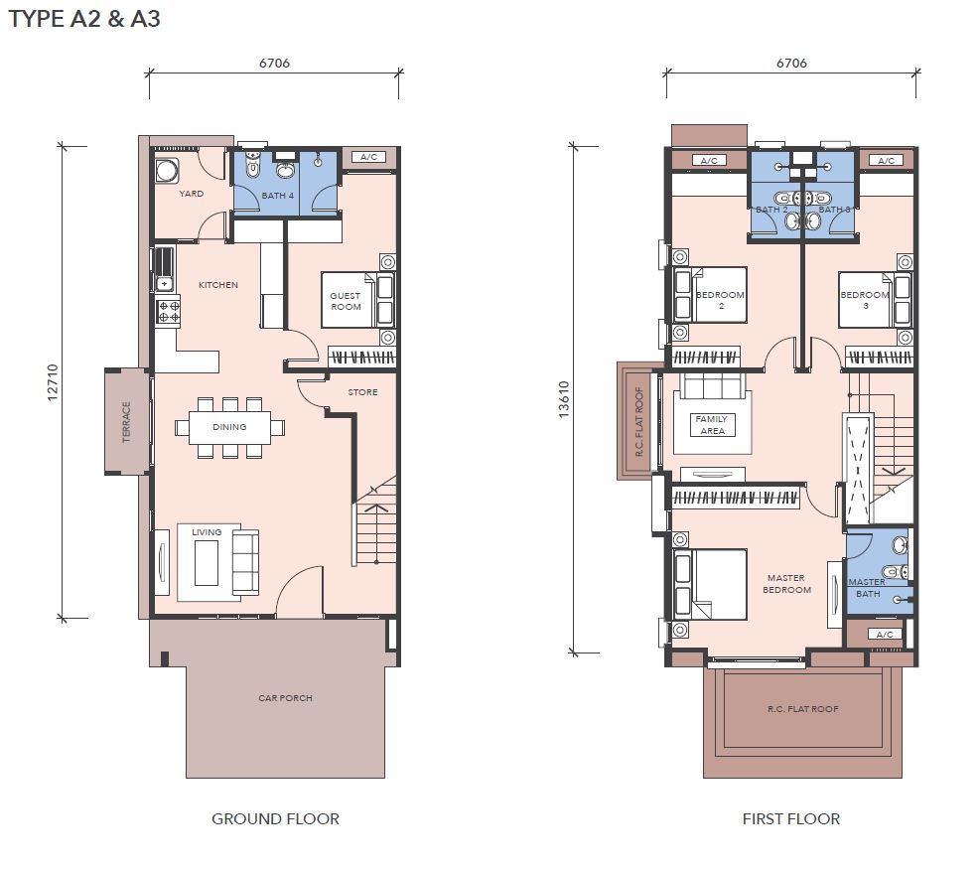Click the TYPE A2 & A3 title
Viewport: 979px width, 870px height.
click(x=84, y=18)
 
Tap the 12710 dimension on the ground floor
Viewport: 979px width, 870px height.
click(x=53, y=382)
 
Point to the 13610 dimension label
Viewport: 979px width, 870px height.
click(x=564, y=399)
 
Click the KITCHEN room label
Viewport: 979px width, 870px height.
click(x=217, y=285)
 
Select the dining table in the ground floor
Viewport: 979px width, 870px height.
click(x=229, y=427)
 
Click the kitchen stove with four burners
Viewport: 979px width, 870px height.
click(x=168, y=312)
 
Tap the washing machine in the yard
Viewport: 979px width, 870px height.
click(x=167, y=171)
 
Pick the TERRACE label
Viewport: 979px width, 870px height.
click(x=127, y=421)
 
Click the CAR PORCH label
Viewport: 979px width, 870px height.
click(x=285, y=697)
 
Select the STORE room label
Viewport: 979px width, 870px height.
click(x=362, y=392)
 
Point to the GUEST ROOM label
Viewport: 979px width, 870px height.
click(x=346, y=301)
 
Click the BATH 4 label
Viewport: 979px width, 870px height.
click(x=278, y=196)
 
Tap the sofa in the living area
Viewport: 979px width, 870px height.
click(x=245, y=562)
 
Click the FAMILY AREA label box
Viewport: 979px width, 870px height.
click(x=712, y=425)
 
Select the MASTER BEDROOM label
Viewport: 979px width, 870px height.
click(x=786, y=584)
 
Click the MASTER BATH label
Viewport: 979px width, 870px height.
click(x=867, y=588)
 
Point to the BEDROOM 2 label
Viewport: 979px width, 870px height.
click(x=721, y=300)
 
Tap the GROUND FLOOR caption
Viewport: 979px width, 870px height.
click(x=275, y=818)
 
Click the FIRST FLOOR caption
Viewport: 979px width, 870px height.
click(x=791, y=818)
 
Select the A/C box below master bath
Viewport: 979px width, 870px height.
click(x=885, y=634)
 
